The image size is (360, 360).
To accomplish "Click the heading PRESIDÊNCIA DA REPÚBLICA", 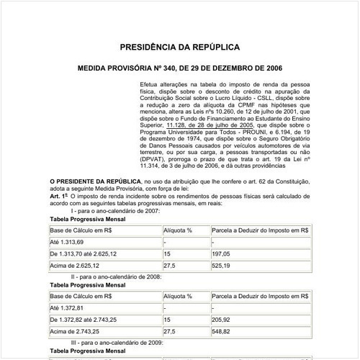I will [x=181, y=48].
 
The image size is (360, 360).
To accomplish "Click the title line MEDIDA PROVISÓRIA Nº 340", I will [x=180, y=71].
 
